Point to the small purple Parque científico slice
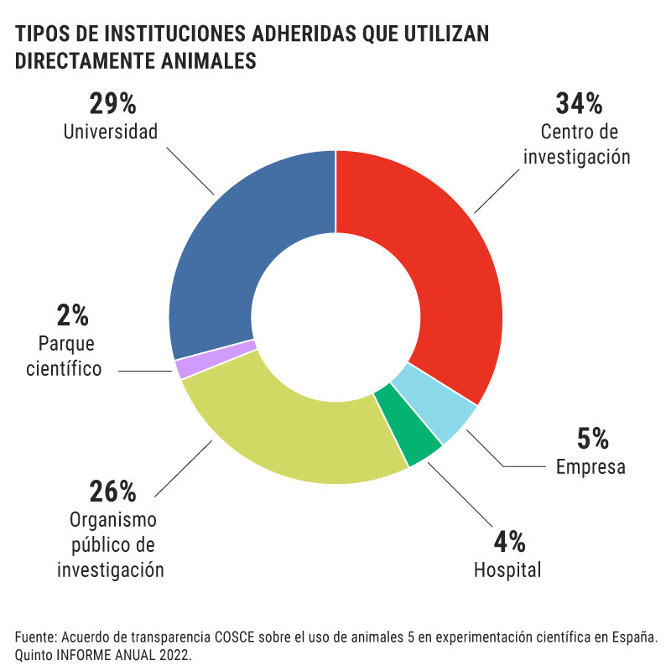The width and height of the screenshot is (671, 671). (179, 367)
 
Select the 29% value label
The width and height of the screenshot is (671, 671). (112, 104)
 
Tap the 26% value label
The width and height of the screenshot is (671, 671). (112, 490)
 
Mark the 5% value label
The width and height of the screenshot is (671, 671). (592, 439)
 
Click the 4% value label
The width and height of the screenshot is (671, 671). (508, 542)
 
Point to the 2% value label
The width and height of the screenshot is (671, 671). (72, 315)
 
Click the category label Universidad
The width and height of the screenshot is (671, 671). (111, 132)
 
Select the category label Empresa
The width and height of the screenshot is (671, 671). (590, 467)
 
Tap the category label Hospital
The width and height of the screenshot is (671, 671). (507, 570)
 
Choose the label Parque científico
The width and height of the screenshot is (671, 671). (70, 356)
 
